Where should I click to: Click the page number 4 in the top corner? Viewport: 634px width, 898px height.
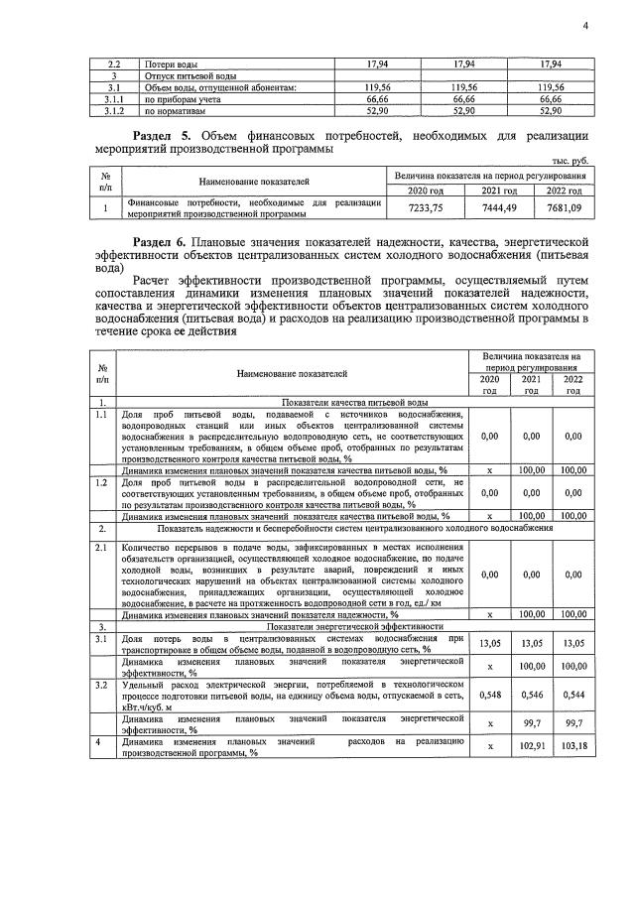[585, 27]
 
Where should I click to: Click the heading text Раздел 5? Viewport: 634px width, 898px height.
[166, 135]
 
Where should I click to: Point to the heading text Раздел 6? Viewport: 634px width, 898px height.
[166, 241]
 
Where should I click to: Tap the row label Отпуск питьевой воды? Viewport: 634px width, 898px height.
[189, 75]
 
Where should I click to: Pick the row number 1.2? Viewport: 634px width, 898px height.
[101, 482]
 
